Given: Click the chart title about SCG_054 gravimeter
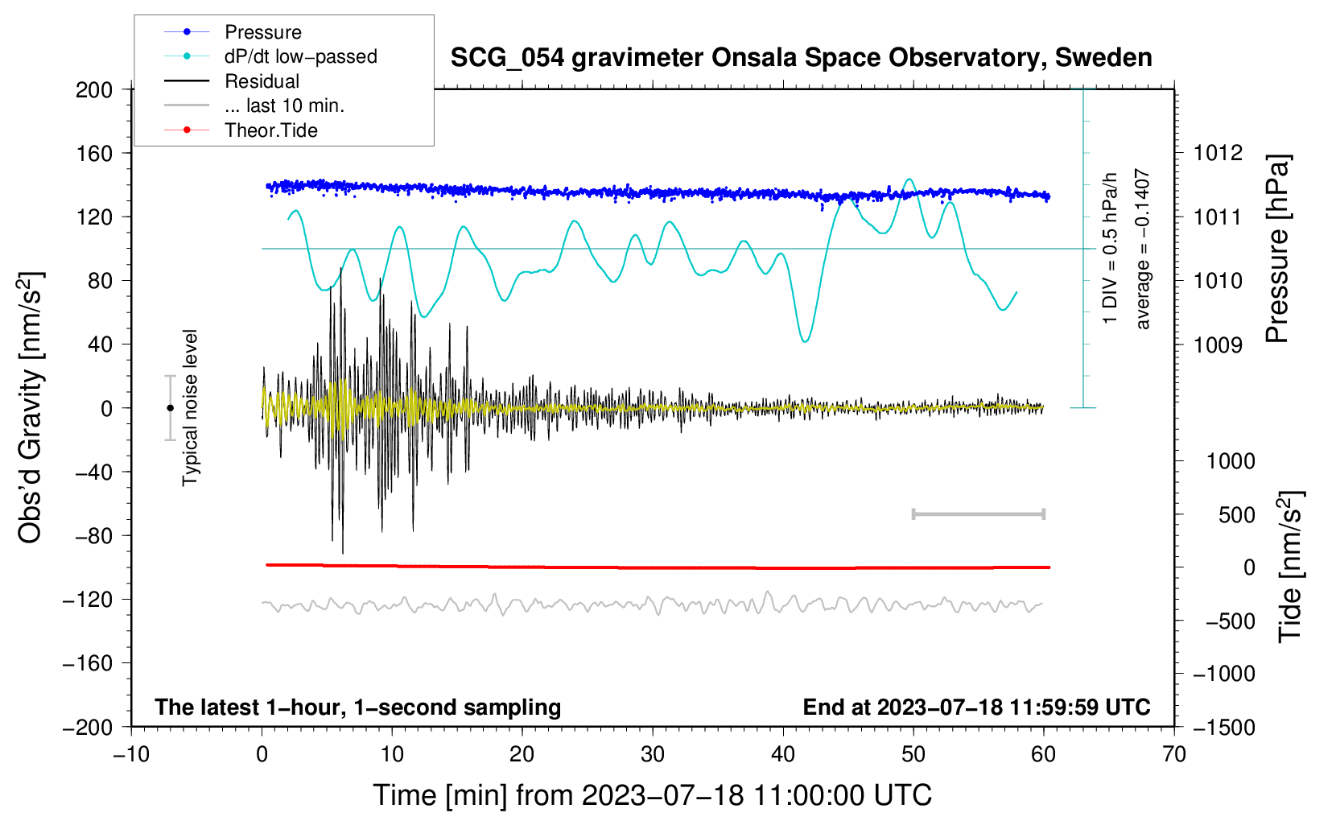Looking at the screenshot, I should (x=801, y=58).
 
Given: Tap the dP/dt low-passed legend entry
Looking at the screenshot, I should (x=300, y=56).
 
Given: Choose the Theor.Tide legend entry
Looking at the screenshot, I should (x=270, y=130).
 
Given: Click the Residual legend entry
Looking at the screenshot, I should (x=262, y=81).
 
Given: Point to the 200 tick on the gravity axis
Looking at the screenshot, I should (x=94, y=89).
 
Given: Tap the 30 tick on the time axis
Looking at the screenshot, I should (x=653, y=754).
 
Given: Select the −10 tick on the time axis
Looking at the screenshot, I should (x=131, y=754).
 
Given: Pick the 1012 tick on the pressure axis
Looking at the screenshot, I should (x=1218, y=153).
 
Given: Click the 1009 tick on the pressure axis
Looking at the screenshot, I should (x=1218, y=345).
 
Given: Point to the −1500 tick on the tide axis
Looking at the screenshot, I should (x=1223, y=728).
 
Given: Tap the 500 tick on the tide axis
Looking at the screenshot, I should (x=1236, y=515).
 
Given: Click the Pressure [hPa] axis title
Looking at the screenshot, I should (x=1278, y=250).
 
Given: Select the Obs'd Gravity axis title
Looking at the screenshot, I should (x=31, y=408).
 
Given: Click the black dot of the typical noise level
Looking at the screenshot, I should (x=170, y=408).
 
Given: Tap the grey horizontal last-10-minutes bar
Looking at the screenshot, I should (x=978, y=514).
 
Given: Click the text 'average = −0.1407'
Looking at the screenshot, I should (x=1143, y=250).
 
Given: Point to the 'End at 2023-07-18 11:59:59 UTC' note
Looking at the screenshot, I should (x=976, y=707).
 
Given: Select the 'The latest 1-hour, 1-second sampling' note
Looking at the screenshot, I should (x=357, y=707).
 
